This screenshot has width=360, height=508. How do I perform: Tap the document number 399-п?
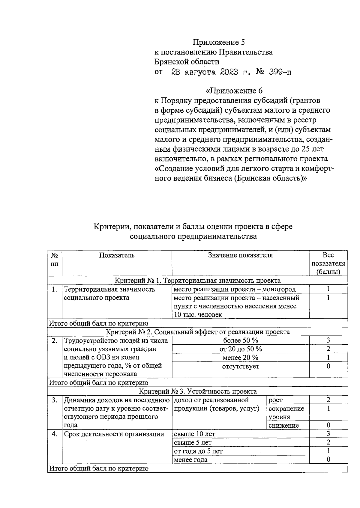[280, 72]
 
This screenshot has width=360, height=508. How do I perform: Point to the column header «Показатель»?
[117, 255]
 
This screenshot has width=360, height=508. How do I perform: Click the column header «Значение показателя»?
[240, 255]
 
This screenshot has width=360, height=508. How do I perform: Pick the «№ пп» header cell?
[54, 260]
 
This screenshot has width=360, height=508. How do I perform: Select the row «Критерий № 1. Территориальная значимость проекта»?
[198, 281]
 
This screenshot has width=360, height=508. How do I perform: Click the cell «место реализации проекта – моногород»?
[235, 289]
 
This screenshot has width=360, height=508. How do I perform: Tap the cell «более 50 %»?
[241, 340]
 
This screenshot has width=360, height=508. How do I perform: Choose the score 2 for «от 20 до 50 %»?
[328, 349]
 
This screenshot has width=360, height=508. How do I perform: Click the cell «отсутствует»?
[241, 366]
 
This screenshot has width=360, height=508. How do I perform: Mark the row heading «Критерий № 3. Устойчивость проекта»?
[198, 391]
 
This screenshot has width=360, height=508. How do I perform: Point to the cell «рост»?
[275, 400]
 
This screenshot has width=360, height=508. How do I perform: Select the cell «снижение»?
[283, 425]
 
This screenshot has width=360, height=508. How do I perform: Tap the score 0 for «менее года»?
[328, 459]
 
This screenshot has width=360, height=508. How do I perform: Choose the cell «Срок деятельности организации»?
[114, 434]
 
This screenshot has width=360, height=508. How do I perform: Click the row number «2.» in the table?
[54, 340]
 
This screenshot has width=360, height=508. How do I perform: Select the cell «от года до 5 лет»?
[198, 451]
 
